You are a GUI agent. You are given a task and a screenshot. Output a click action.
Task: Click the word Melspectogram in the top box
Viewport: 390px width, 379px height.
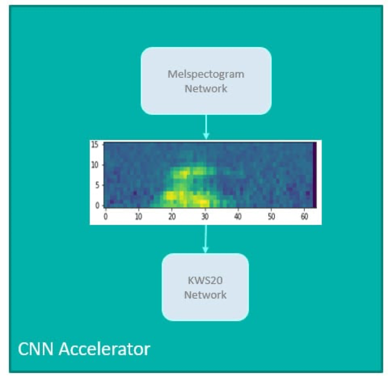click(205, 74)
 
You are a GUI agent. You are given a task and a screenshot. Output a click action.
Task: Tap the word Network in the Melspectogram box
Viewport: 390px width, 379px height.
click(205, 88)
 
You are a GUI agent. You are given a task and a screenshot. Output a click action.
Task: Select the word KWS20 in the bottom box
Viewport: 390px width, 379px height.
click(205, 281)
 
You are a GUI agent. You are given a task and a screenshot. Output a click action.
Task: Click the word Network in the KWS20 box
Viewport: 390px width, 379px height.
click(205, 295)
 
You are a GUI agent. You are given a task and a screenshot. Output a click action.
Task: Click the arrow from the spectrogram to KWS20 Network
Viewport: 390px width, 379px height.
click(205, 239)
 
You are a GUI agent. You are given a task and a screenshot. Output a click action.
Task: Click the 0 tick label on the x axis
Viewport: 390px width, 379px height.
click(106, 216)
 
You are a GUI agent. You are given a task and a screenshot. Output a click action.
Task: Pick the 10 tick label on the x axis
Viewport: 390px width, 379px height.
click(139, 216)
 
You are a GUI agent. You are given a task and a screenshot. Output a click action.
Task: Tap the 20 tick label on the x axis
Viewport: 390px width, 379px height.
click(172, 216)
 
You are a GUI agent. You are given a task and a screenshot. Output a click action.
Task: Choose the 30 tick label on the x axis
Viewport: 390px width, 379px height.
click(204, 216)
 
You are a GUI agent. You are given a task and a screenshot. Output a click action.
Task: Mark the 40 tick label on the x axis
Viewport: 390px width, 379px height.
click(237, 216)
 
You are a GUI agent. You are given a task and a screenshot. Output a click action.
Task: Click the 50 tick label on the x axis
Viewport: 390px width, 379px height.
click(270, 216)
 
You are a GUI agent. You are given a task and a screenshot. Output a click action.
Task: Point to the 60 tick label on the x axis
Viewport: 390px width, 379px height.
click(303, 216)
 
